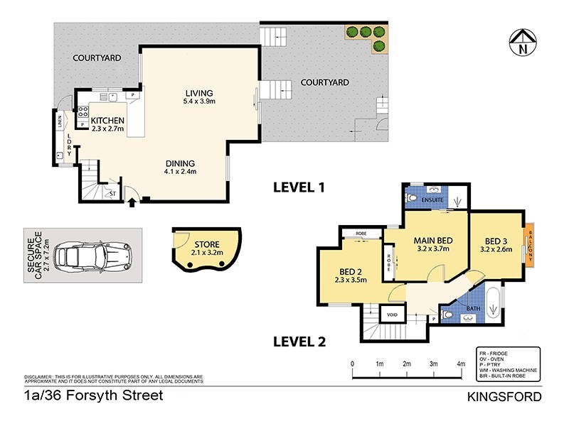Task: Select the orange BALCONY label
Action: coord(530,244)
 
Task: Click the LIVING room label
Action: coord(199,93)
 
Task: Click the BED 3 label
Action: coord(495,240)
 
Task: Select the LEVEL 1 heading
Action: coord(299,188)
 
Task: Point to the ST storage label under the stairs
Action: coord(112,192)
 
